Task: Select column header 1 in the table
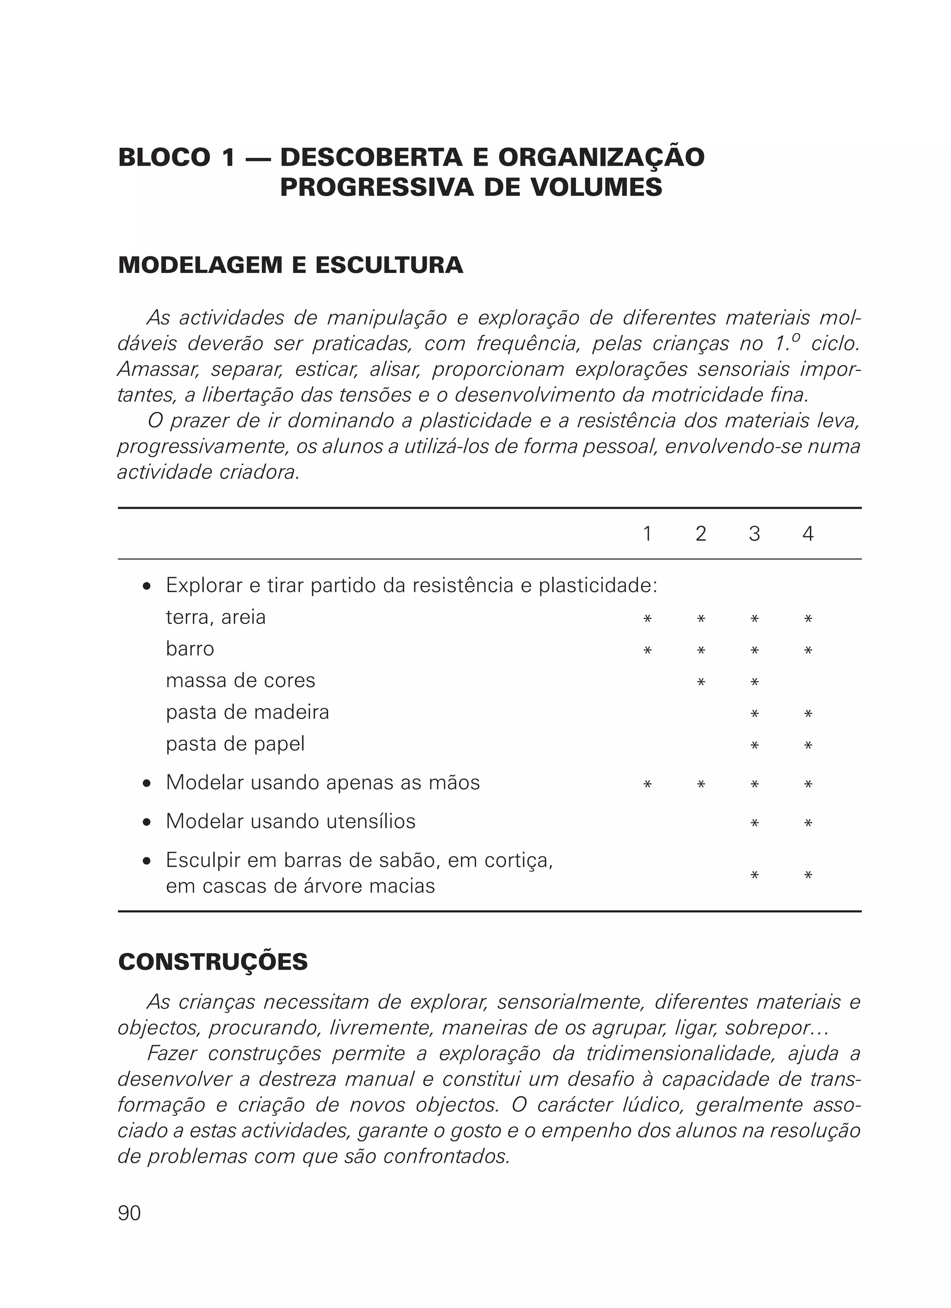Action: (x=647, y=534)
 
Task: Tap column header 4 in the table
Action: (x=808, y=534)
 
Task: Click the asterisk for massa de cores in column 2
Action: (x=701, y=682)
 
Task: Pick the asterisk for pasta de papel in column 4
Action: (x=808, y=746)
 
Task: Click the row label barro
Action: (x=190, y=649)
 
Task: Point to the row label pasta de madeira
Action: (x=248, y=712)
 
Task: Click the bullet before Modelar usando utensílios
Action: (x=147, y=822)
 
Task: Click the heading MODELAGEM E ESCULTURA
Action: (x=290, y=265)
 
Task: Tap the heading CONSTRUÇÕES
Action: (x=213, y=962)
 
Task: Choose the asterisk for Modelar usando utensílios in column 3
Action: (x=754, y=823)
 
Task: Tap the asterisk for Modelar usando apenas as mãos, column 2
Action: (x=701, y=784)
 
